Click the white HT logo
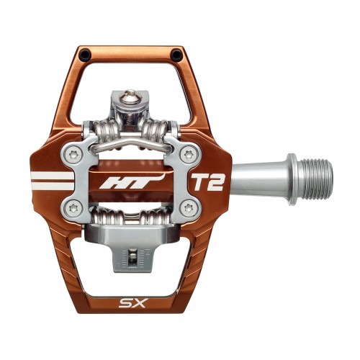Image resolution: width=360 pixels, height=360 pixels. tap(132, 181)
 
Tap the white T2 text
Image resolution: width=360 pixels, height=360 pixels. tap(208, 181)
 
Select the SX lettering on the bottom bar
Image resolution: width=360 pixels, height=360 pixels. tap(132, 304)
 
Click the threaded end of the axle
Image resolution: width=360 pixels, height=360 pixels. tap(317, 179)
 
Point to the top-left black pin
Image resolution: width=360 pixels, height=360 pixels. tap(86, 55)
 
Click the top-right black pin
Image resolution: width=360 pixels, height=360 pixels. tap(176, 55)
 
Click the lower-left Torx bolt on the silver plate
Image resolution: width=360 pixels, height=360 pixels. tap(73, 208)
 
